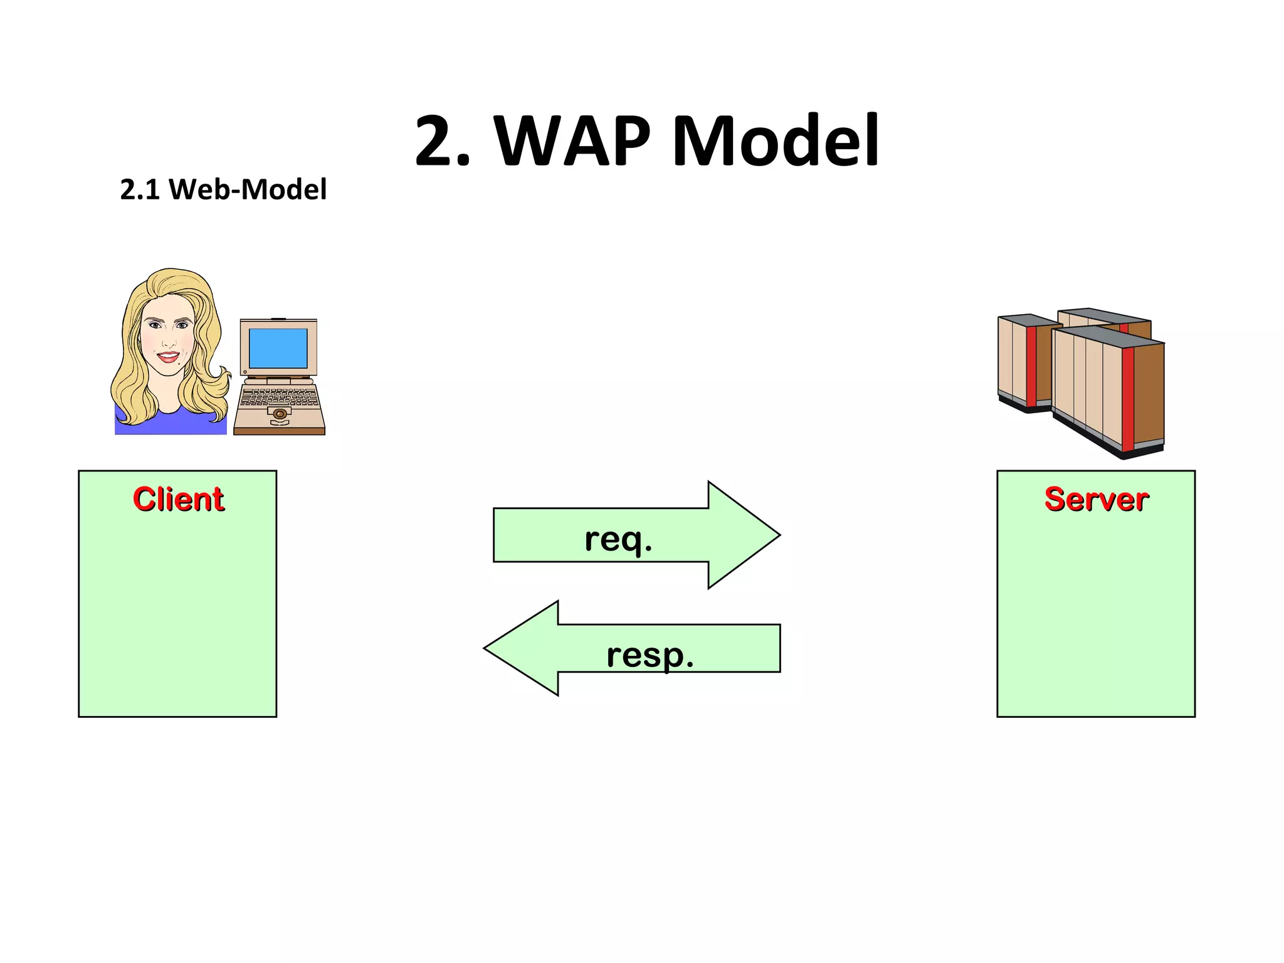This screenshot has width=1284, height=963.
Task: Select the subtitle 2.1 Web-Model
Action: click(223, 189)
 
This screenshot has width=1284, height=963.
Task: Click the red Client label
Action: click(178, 499)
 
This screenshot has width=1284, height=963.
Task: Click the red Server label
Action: click(1096, 499)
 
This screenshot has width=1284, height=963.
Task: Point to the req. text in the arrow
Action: click(618, 539)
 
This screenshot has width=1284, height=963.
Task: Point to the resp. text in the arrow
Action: click(650, 656)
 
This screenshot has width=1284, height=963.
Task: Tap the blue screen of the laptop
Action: click(278, 348)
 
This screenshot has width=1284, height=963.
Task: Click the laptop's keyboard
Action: click(279, 397)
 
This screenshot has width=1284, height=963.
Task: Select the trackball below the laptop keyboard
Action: click(280, 414)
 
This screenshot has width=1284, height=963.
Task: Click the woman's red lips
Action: click(168, 357)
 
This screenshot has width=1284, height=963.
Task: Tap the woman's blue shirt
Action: click(169, 424)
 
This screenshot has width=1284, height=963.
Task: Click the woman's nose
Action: click(169, 342)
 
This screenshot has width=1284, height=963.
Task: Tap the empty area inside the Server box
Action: click(1096, 614)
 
